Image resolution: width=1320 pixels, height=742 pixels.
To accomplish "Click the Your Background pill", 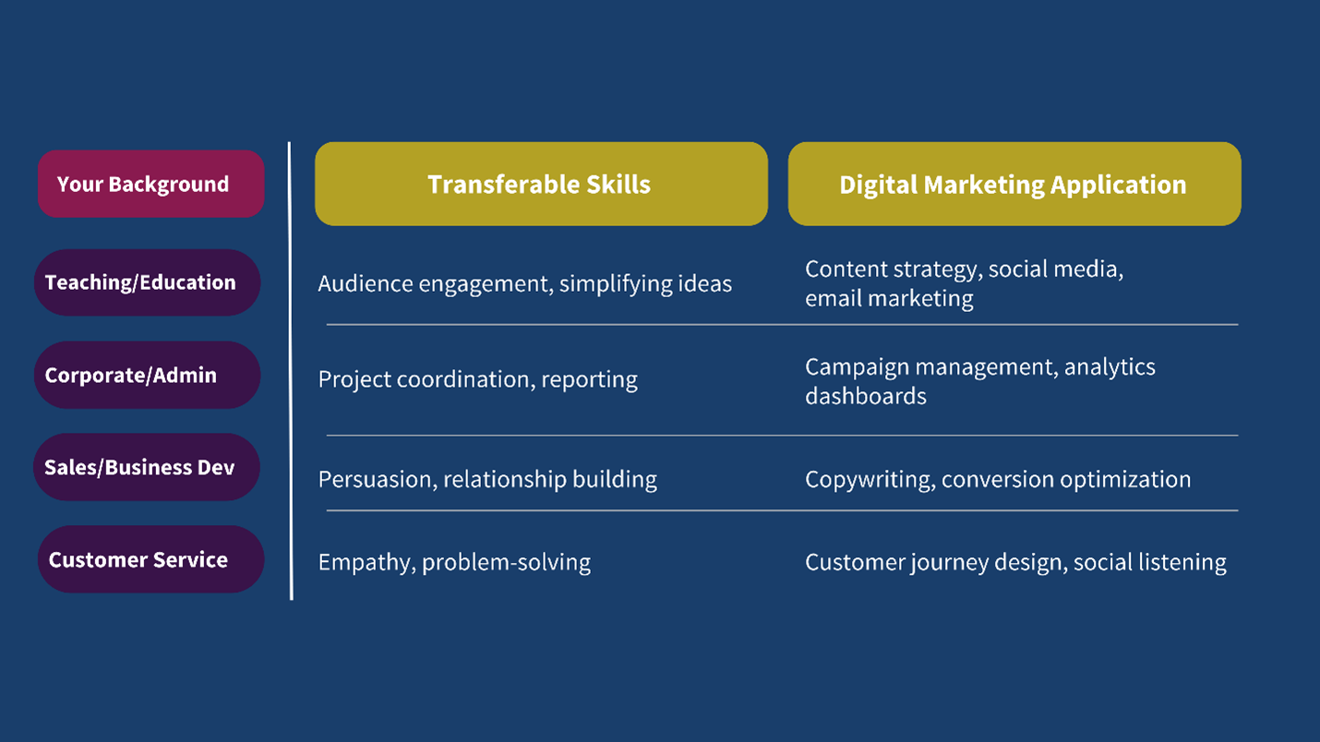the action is pos(150,184).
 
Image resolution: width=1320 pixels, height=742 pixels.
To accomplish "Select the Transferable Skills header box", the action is pos(541,184).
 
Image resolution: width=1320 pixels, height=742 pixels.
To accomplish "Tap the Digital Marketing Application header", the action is pos(1014,184).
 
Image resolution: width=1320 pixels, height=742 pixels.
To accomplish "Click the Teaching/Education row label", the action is pos(147,282).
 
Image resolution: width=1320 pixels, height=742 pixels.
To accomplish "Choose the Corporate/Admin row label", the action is pos(147,375).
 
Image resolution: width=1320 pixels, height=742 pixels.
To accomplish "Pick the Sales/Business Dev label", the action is pos(147,467).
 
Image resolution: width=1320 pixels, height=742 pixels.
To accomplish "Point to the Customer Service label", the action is pos(150,559).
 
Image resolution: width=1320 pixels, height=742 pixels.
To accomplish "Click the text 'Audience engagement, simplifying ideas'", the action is pos(524,284).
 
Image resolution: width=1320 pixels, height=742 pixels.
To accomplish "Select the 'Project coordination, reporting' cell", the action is pos(477,380).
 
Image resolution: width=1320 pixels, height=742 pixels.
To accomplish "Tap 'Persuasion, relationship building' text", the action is pos(487,480).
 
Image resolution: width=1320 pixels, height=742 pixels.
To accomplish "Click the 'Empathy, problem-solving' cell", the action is pos(454,563).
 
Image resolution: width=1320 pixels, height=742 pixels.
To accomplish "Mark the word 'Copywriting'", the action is pos(870,480).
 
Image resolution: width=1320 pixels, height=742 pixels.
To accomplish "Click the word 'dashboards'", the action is pos(866,396).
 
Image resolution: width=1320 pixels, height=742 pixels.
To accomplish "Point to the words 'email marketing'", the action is pos(889,299).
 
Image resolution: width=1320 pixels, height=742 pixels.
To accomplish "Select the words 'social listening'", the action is pos(1150,563).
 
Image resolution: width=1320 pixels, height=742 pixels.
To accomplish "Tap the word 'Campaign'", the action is pos(858,368).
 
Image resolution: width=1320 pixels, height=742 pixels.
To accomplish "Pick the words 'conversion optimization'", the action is pos(1066,480).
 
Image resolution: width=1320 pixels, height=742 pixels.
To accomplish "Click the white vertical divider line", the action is pos(291,371).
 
